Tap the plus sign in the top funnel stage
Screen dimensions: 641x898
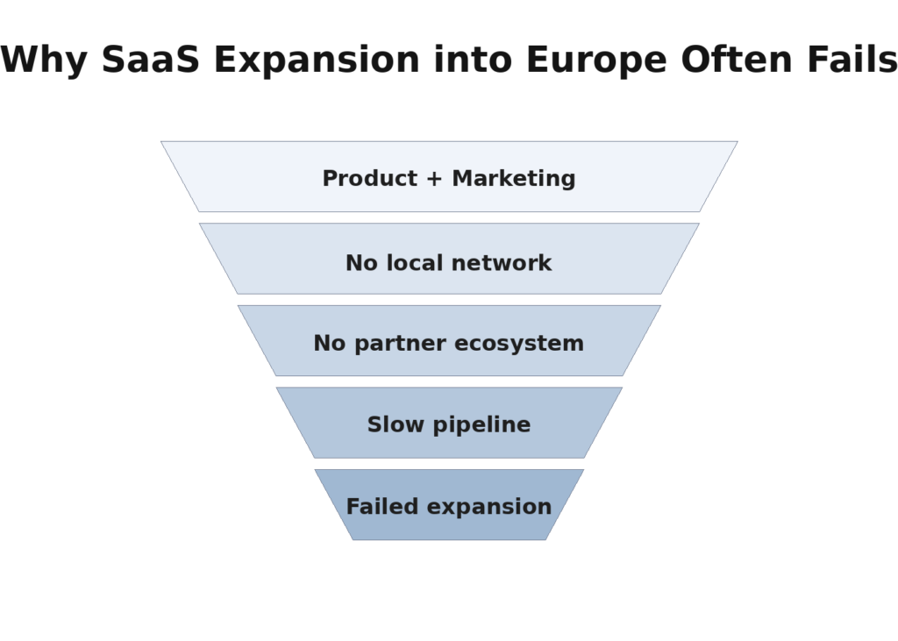(x=434, y=179)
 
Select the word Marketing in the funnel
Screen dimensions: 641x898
(x=514, y=178)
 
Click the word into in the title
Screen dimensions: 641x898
(x=474, y=61)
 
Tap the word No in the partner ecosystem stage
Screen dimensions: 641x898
(x=330, y=343)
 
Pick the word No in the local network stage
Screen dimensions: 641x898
(x=361, y=262)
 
